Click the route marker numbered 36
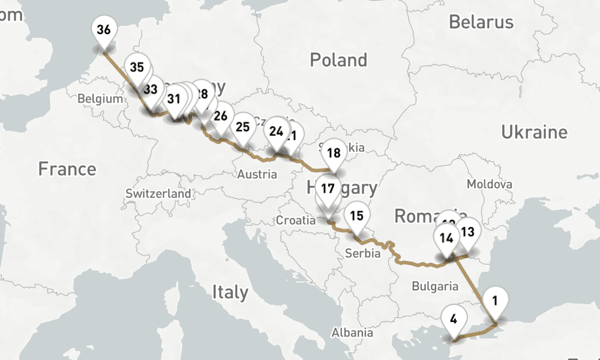[103, 30]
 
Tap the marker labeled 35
[137, 67]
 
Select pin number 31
[174, 99]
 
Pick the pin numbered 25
[242, 127]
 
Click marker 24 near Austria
[276, 131]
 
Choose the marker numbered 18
[334, 153]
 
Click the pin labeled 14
[446, 238]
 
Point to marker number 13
[467, 232]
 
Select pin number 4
[453, 319]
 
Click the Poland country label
[338, 60]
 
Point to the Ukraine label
[534, 132]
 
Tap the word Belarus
[481, 22]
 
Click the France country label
[67, 169]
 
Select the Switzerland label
[158, 194]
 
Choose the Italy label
[230, 292]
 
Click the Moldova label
[490, 184]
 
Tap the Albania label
[353, 332]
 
